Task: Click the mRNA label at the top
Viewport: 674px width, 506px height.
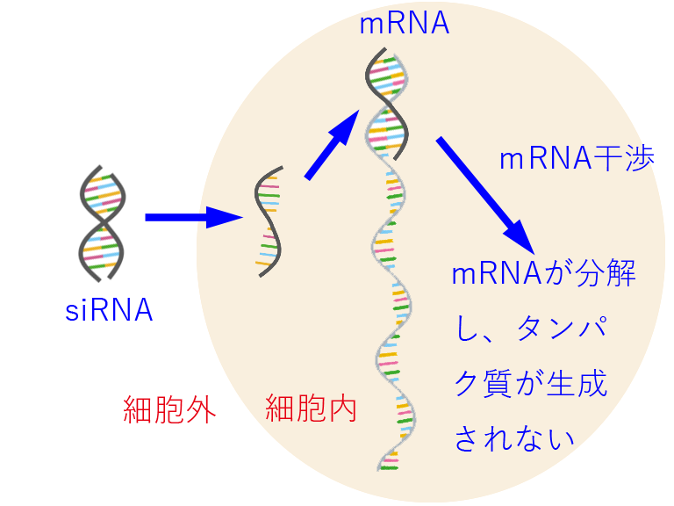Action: pos(405,24)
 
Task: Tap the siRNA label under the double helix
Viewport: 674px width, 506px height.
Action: pos(110,310)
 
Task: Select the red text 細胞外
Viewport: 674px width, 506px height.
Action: pos(169,410)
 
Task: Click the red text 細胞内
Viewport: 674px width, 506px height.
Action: pos(311,408)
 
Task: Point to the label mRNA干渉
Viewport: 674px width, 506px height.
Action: pos(577,160)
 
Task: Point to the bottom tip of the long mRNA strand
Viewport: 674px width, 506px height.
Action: pos(386,466)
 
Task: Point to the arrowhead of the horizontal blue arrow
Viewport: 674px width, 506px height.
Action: pos(226,216)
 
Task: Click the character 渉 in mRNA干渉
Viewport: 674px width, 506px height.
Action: pos(641,160)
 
